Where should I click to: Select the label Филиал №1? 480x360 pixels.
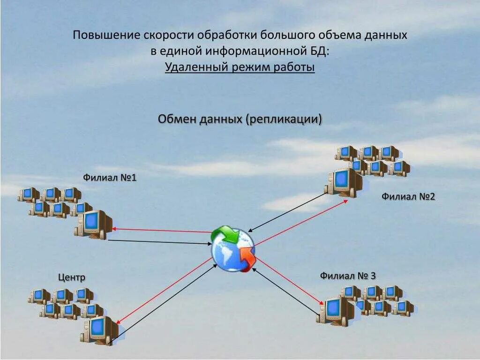pos(110,178)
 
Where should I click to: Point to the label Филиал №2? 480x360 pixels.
pos(408,196)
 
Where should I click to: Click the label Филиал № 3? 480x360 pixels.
pos(348,276)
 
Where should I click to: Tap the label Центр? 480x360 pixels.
pos(72,277)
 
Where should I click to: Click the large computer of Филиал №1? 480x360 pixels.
pos(93,224)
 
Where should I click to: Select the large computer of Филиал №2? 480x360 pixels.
pos(345,182)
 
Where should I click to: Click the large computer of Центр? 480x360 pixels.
pos(99,330)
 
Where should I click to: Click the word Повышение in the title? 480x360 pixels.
pos(106,35)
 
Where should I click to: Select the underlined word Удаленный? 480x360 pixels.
pos(196,67)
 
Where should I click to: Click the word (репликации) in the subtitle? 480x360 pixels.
pos(284,119)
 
